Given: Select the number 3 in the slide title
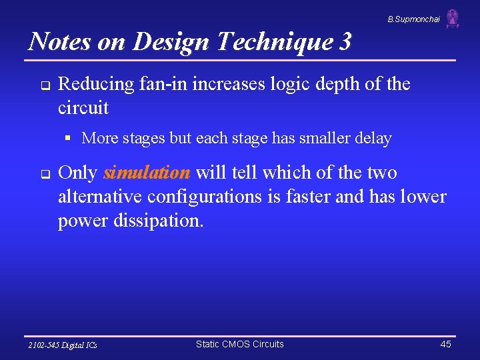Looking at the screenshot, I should pyautogui.click(x=344, y=41).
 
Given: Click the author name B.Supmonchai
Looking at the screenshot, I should pyautogui.click(x=413, y=19).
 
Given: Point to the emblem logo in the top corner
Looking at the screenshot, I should pyautogui.click(x=453, y=18).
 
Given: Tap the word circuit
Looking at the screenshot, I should pyautogui.click(x=83, y=107).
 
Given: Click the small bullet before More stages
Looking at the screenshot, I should pyautogui.click(x=68, y=139).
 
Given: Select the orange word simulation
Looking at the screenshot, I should pyautogui.click(x=147, y=173).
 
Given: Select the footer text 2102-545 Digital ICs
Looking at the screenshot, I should pyautogui.click(x=63, y=345).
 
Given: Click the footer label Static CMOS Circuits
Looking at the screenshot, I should pyautogui.click(x=239, y=345).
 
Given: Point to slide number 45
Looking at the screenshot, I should pyautogui.click(x=445, y=345).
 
